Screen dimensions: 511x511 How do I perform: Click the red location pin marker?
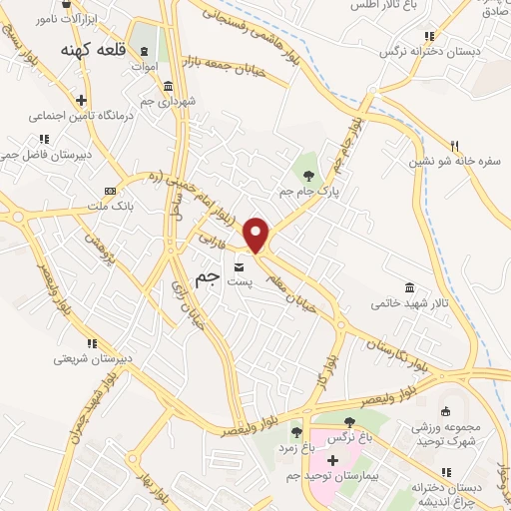257,234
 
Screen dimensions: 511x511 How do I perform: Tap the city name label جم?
205,281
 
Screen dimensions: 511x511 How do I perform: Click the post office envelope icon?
240,267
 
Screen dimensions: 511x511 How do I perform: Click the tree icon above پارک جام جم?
309,163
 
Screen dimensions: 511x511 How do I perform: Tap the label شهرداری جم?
168,101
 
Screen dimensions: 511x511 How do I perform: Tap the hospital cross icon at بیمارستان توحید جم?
332,459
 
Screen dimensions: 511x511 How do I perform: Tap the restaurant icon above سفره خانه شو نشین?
454,144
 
